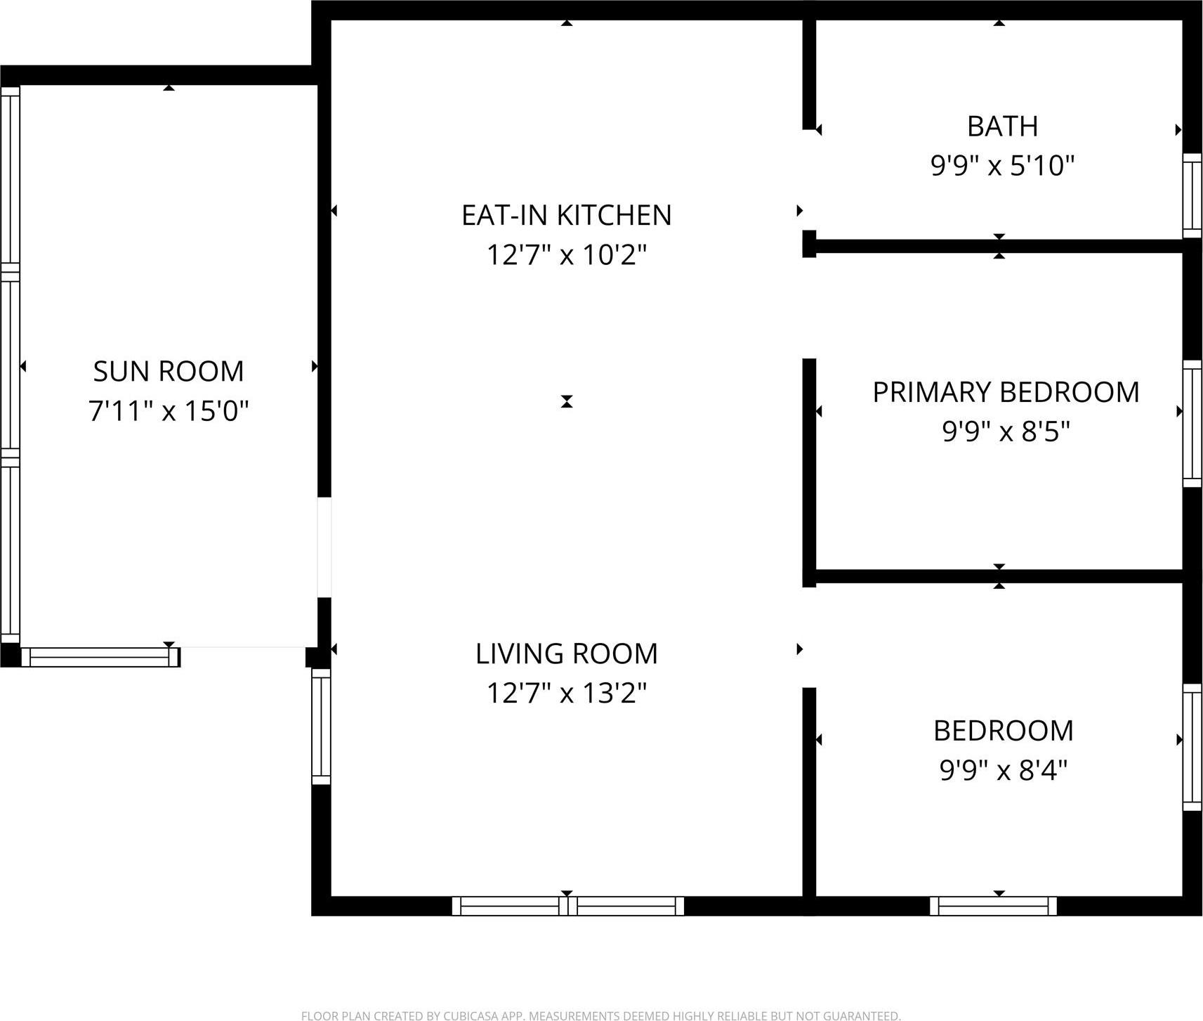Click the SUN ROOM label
point(169,371)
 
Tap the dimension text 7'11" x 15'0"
point(169,410)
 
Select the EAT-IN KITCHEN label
point(566,215)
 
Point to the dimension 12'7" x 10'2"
point(566,254)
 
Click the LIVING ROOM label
point(566,653)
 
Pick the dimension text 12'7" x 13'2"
point(566,693)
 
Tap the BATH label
point(1002,126)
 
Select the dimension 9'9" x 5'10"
point(1002,166)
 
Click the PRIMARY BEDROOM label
point(1006,392)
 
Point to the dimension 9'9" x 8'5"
point(1006,431)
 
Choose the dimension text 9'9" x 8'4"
point(1003,770)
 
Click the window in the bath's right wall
point(1192,195)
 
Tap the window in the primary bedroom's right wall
point(1192,423)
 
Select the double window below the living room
point(567,906)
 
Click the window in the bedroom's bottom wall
point(993,906)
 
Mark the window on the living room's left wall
point(321,727)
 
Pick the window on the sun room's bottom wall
point(100,657)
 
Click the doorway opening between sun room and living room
point(324,547)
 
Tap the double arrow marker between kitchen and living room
point(567,401)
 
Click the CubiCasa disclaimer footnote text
point(600,1015)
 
